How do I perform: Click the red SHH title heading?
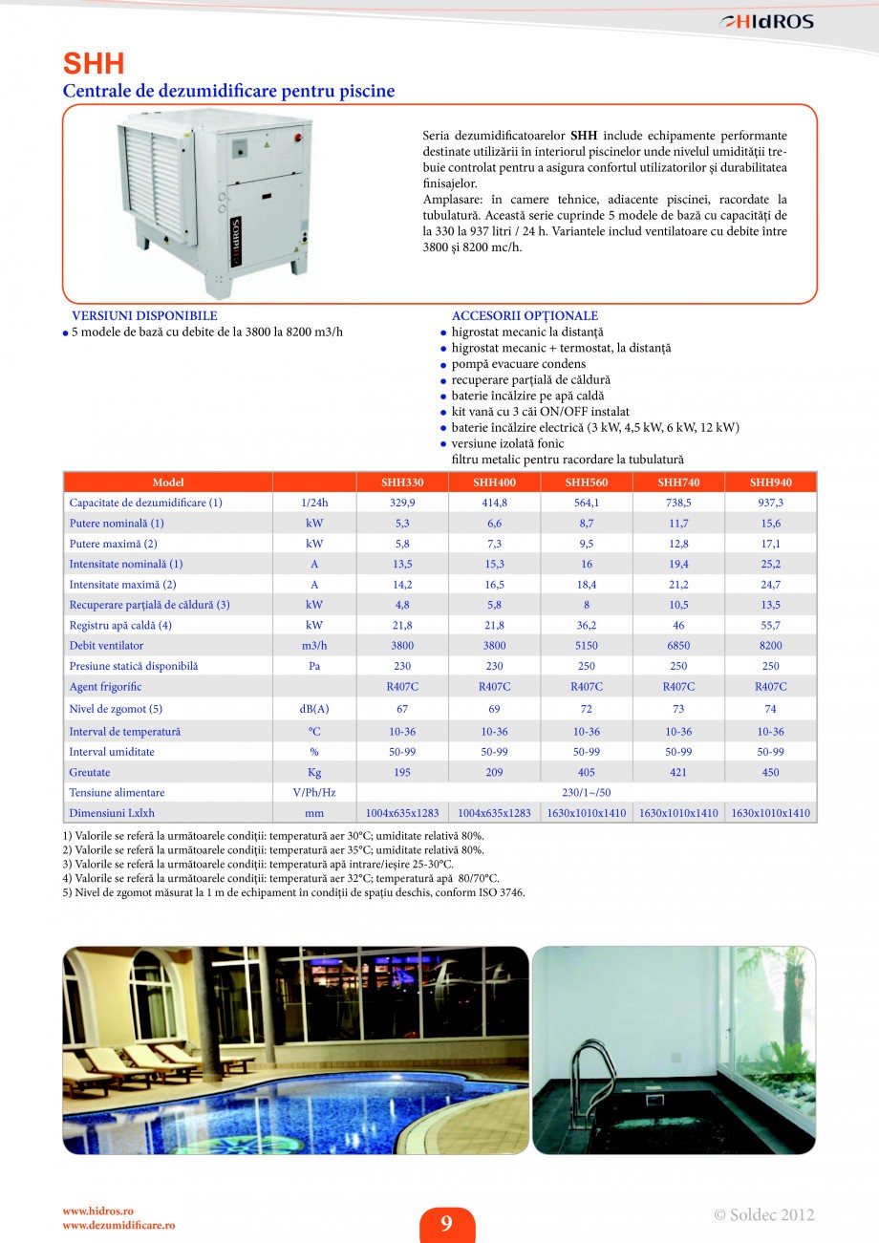[94, 64]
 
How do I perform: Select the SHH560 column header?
[586, 482]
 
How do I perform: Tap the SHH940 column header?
[770, 482]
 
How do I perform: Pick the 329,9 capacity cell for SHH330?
[401, 503]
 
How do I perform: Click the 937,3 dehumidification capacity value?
[770, 503]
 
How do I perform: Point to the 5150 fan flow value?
[586, 646]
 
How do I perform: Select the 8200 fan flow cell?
[770, 646]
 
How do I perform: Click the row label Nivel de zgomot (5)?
[116, 709]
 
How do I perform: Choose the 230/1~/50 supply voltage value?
[586, 793]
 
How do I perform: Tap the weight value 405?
[586, 773]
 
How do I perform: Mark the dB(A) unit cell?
[313, 709]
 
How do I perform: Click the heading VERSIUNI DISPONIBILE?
[144, 316]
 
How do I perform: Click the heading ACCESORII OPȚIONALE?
[525, 316]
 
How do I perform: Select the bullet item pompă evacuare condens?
[519, 364]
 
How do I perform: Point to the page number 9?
[446, 1224]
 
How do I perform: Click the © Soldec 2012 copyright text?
[763, 1215]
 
